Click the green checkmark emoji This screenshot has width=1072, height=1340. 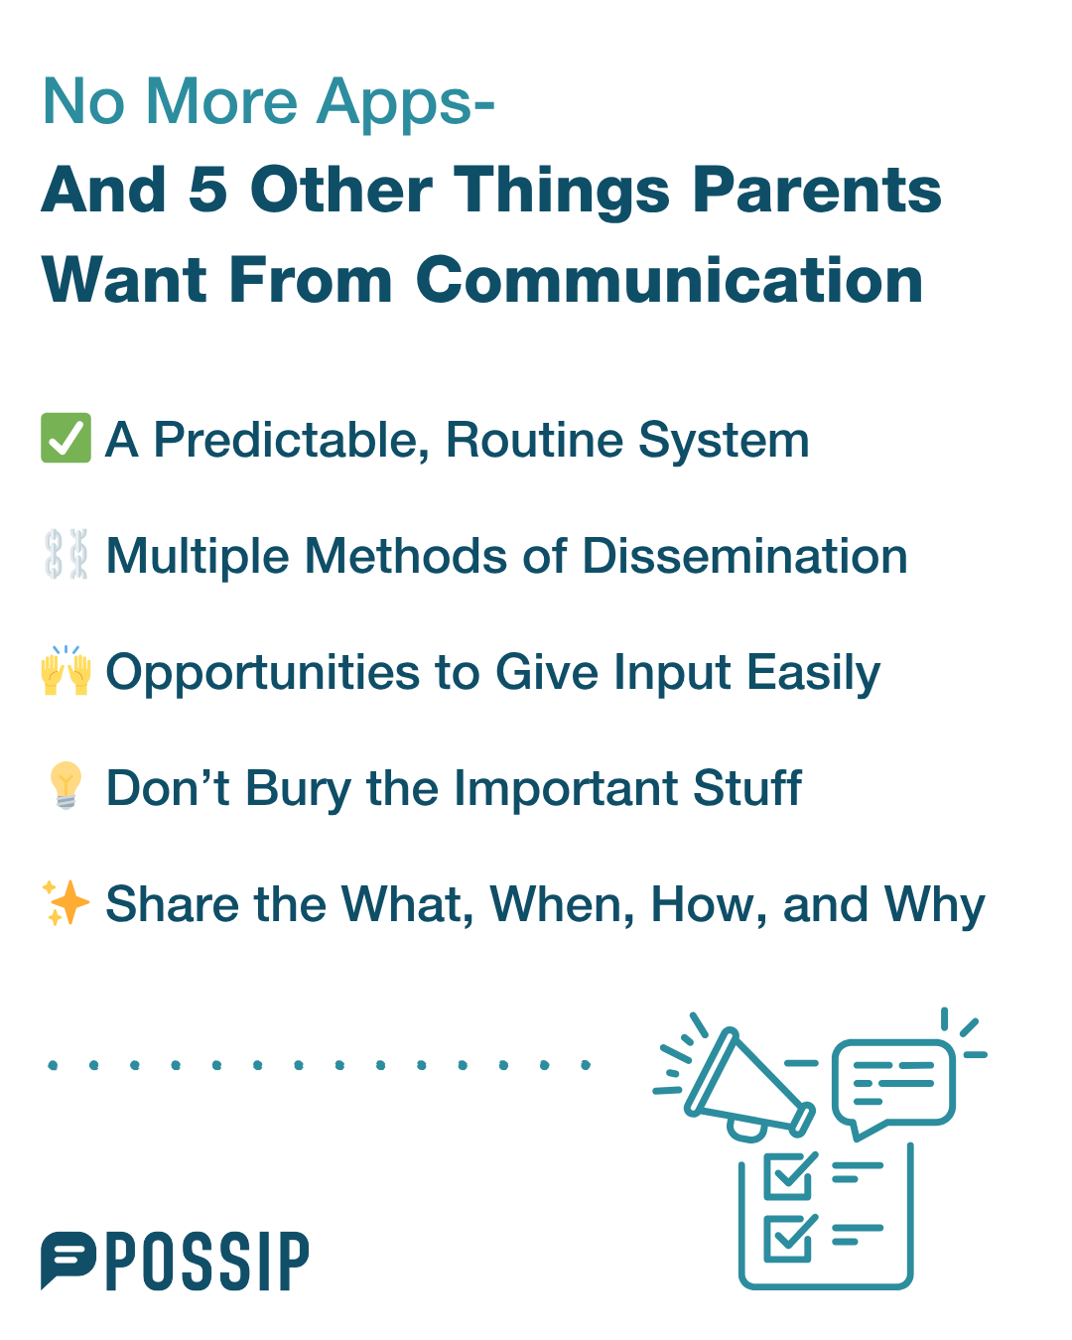click(x=66, y=438)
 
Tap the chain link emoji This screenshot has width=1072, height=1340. click(x=66, y=554)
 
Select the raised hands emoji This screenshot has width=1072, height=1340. click(x=67, y=670)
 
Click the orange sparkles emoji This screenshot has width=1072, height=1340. click(x=66, y=902)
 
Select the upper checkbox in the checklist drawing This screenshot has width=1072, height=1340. click(x=789, y=1176)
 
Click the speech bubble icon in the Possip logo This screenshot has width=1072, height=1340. click(x=67, y=1259)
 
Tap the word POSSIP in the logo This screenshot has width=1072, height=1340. click(x=207, y=1261)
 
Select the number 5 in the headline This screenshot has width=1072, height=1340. click(x=207, y=190)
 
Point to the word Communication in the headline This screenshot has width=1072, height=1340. click(x=669, y=280)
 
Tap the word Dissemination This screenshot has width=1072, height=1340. click(x=744, y=556)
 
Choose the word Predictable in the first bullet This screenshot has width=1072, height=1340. click(x=292, y=441)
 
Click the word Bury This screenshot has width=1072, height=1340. click(x=299, y=789)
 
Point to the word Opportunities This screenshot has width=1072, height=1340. click(x=263, y=674)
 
